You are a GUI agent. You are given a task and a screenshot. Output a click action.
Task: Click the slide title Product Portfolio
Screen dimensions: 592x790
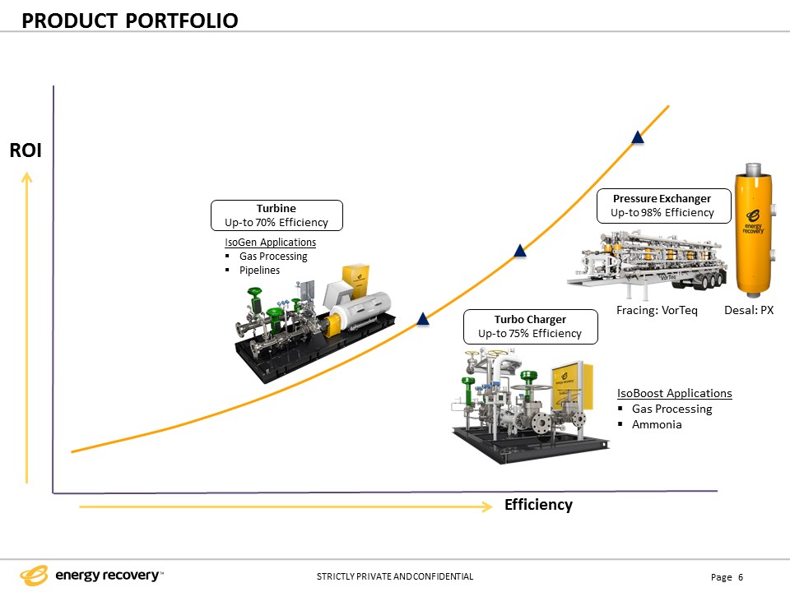pyautogui.click(x=130, y=20)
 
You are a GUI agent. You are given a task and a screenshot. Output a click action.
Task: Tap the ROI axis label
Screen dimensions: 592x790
pyautogui.click(x=26, y=150)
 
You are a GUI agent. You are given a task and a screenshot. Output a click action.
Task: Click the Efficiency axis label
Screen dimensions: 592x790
pyautogui.click(x=538, y=504)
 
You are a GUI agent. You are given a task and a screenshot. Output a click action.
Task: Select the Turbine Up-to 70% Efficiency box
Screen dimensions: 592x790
pyautogui.click(x=276, y=215)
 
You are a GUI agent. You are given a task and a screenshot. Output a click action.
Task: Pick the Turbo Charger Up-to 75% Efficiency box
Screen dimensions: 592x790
pyautogui.click(x=530, y=326)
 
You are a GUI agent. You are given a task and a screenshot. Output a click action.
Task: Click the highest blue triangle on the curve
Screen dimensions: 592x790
pyautogui.click(x=637, y=137)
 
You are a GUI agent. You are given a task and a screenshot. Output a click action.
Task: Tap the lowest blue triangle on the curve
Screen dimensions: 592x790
pyautogui.click(x=423, y=319)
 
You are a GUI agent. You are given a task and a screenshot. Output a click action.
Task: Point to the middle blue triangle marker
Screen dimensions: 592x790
pyautogui.click(x=519, y=250)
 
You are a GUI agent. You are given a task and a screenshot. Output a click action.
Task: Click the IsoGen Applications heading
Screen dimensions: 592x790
pyautogui.click(x=270, y=243)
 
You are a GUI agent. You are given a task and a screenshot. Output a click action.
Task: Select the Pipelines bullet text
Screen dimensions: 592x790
pyautogui.click(x=259, y=271)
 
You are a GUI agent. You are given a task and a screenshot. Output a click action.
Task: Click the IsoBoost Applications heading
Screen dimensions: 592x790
pyautogui.click(x=674, y=393)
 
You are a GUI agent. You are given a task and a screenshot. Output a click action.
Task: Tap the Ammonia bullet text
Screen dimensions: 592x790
pyautogui.click(x=656, y=424)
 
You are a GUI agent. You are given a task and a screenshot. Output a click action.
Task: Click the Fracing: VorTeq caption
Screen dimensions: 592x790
pyautogui.click(x=657, y=310)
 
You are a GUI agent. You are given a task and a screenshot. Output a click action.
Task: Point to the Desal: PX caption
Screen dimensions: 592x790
pyautogui.click(x=749, y=310)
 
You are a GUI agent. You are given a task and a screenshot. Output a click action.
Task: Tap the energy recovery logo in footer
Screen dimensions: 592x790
pyautogui.click(x=91, y=575)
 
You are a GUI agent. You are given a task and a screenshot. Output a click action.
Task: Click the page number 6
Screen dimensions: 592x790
pyautogui.click(x=741, y=577)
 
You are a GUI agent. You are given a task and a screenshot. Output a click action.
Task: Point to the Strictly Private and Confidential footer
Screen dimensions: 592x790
pyautogui.click(x=395, y=576)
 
